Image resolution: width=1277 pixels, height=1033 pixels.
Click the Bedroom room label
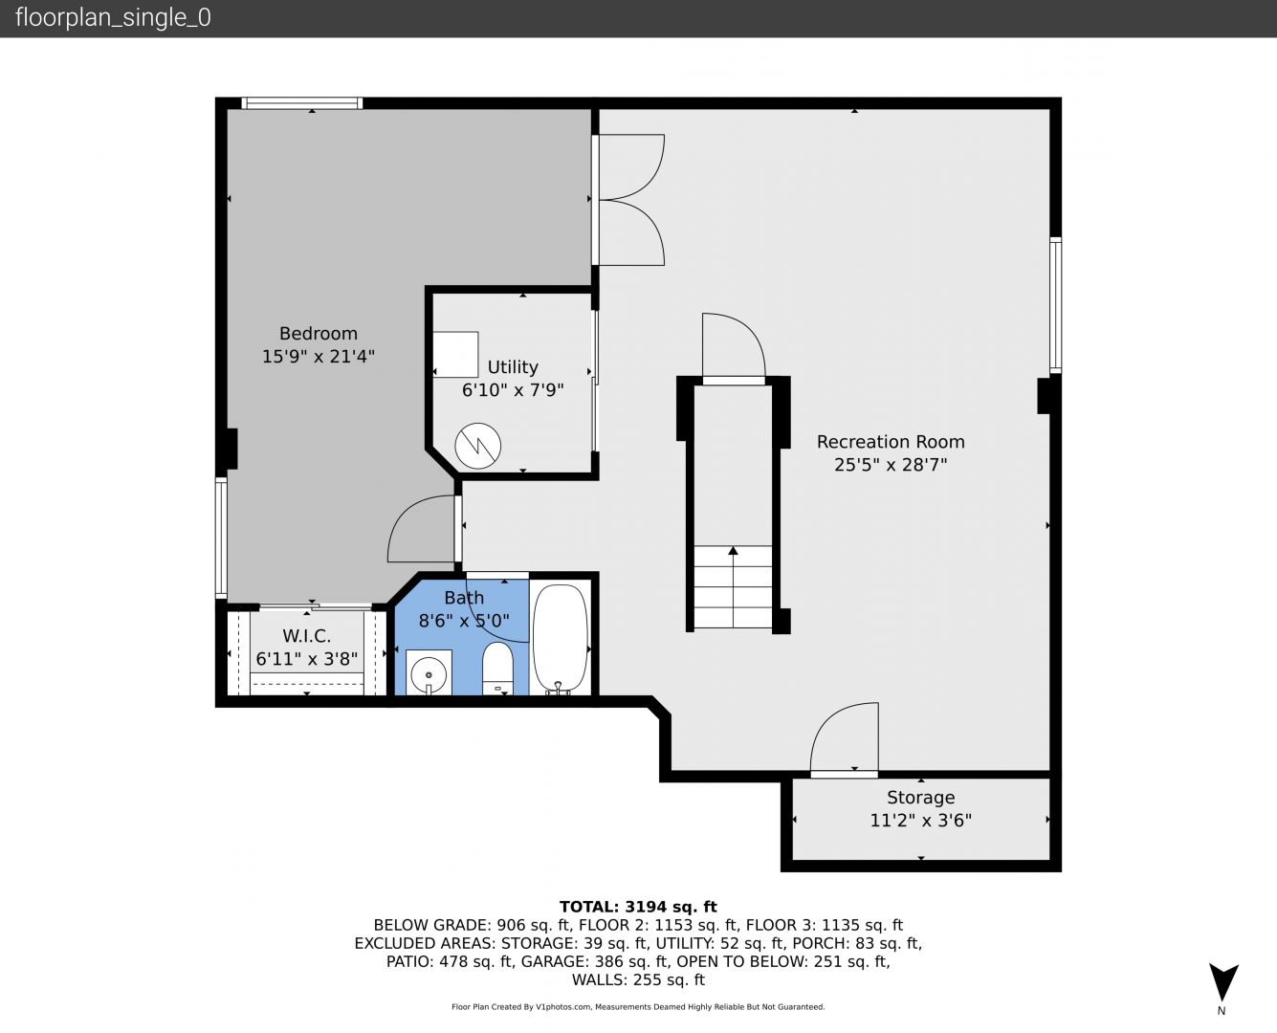[x=319, y=334]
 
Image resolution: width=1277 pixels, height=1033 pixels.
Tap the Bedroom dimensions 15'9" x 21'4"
[x=319, y=357]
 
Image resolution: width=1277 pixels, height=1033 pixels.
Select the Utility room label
[x=513, y=367]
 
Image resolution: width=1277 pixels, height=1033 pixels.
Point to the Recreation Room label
[x=891, y=442]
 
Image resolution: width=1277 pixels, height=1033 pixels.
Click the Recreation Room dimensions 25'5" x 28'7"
[x=891, y=465]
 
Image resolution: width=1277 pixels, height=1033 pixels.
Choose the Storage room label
[x=921, y=798]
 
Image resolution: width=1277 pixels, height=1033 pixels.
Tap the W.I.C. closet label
[x=307, y=636]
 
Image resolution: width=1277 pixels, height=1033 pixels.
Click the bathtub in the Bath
[x=560, y=638]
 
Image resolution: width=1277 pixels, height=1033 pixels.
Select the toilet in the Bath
[x=497, y=669]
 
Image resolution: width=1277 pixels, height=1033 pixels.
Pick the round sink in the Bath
[x=429, y=673]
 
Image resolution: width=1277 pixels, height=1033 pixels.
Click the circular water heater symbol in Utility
[x=478, y=446]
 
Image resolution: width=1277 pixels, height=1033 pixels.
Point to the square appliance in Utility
[x=455, y=354]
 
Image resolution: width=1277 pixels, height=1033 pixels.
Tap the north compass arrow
[x=1223, y=980]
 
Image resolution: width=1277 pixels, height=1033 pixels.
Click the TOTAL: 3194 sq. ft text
[x=638, y=907]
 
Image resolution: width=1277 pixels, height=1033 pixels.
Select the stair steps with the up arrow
[x=733, y=586]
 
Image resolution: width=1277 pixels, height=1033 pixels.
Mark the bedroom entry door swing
[x=422, y=529]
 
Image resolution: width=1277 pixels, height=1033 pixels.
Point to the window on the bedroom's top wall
[x=301, y=103]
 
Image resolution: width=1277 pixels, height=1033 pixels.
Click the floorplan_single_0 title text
[x=113, y=18]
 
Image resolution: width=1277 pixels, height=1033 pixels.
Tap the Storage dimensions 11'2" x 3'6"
[x=921, y=820]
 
